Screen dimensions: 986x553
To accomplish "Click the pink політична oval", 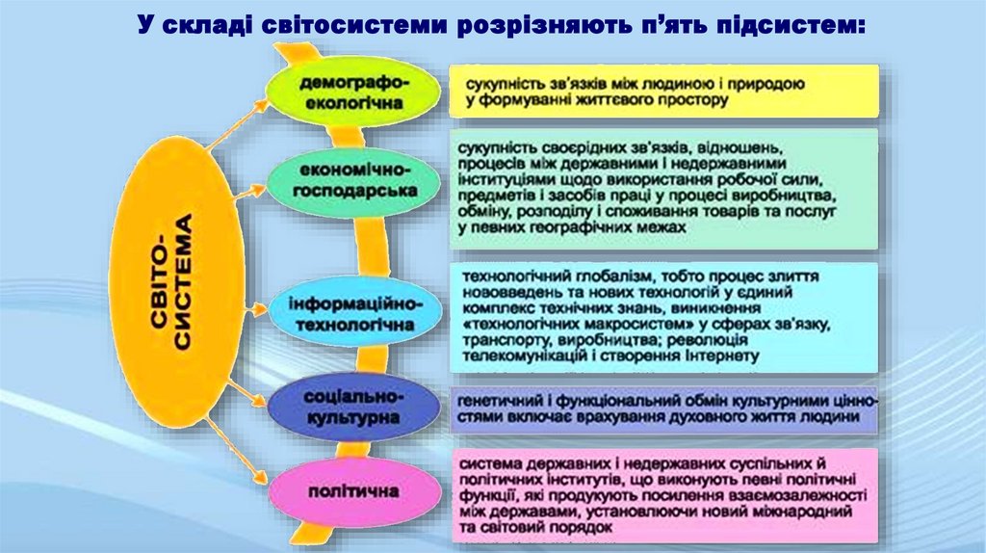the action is tap(352, 492).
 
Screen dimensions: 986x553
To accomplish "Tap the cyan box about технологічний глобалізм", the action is tap(664, 316).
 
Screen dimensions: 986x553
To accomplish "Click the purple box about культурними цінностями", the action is tap(664, 408).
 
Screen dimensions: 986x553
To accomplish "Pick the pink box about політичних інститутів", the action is tap(664, 494).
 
